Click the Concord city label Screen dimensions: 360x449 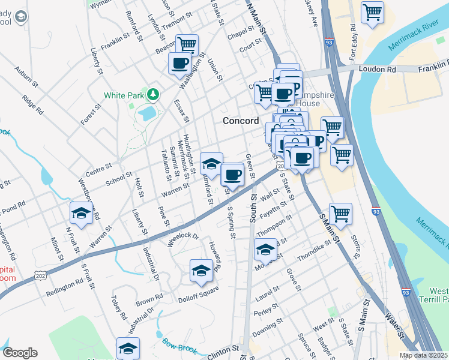[x=240, y=121]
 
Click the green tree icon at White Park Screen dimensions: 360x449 [x=154, y=94]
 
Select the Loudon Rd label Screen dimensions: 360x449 [x=378, y=69]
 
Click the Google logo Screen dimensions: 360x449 [x=20, y=353]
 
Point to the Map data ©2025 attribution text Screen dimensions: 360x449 [x=424, y=355]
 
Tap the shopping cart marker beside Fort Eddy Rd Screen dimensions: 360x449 [x=372, y=12]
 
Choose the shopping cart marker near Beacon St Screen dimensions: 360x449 [x=187, y=44]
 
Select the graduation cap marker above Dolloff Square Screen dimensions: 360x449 [x=202, y=270]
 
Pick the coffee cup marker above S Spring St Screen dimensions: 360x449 [x=232, y=175]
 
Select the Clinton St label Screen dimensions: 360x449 [x=223, y=352]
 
